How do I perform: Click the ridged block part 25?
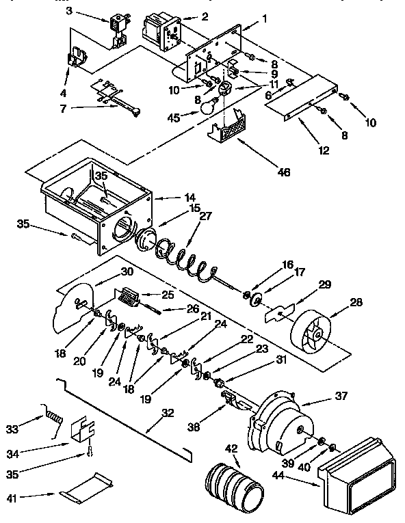[129, 297]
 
